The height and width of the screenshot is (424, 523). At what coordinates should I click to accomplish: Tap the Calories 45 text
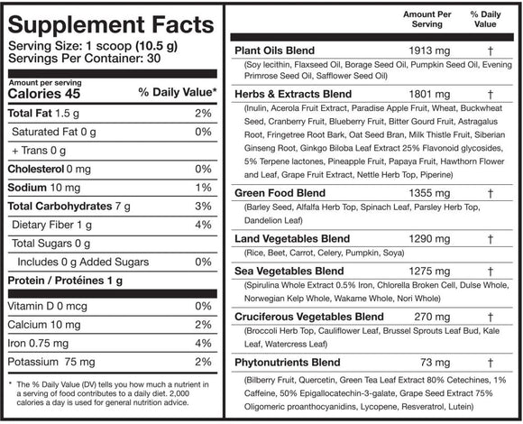click(x=41, y=93)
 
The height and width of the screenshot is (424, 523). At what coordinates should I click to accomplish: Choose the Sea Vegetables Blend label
click(x=289, y=271)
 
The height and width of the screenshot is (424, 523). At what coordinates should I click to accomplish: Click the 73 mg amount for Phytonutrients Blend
click(x=404, y=363)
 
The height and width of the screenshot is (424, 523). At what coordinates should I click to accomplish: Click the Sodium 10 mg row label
click(x=45, y=189)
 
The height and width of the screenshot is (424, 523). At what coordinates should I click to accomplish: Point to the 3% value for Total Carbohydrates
click(x=204, y=207)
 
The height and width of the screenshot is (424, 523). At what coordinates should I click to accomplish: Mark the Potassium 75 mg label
click(x=50, y=362)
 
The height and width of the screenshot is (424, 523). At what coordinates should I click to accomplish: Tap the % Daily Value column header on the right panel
click(x=486, y=21)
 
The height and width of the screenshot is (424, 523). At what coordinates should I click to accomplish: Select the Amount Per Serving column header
click(x=402, y=21)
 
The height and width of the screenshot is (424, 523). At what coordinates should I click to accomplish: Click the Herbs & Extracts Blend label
click(x=293, y=94)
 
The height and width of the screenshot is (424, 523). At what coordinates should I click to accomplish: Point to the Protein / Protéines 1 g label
click(x=67, y=280)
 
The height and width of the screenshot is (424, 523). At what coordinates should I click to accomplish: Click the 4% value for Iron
click(x=204, y=343)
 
